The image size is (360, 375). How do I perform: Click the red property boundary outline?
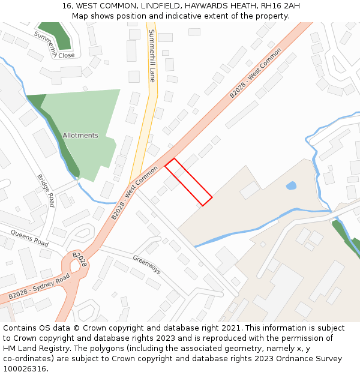pyautogui.click(x=188, y=182)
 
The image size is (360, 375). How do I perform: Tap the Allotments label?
pyautogui.click(x=80, y=136)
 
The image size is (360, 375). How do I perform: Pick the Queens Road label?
pyautogui.click(x=29, y=239)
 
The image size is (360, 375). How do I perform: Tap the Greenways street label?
pyautogui.click(x=146, y=264)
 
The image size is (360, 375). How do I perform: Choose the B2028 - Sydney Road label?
pyautogui.click(x=39, y=287)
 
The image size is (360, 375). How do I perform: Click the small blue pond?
pyautogui.click(x=291, y=186)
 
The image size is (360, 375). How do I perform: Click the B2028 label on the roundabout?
pyautogui.click(x=80, y=260)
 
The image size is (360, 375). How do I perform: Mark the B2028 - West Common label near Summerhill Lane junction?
pyautogui.click(x=134, y=193)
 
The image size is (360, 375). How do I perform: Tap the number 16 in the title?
pyautogui.click(x=67, y=6)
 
